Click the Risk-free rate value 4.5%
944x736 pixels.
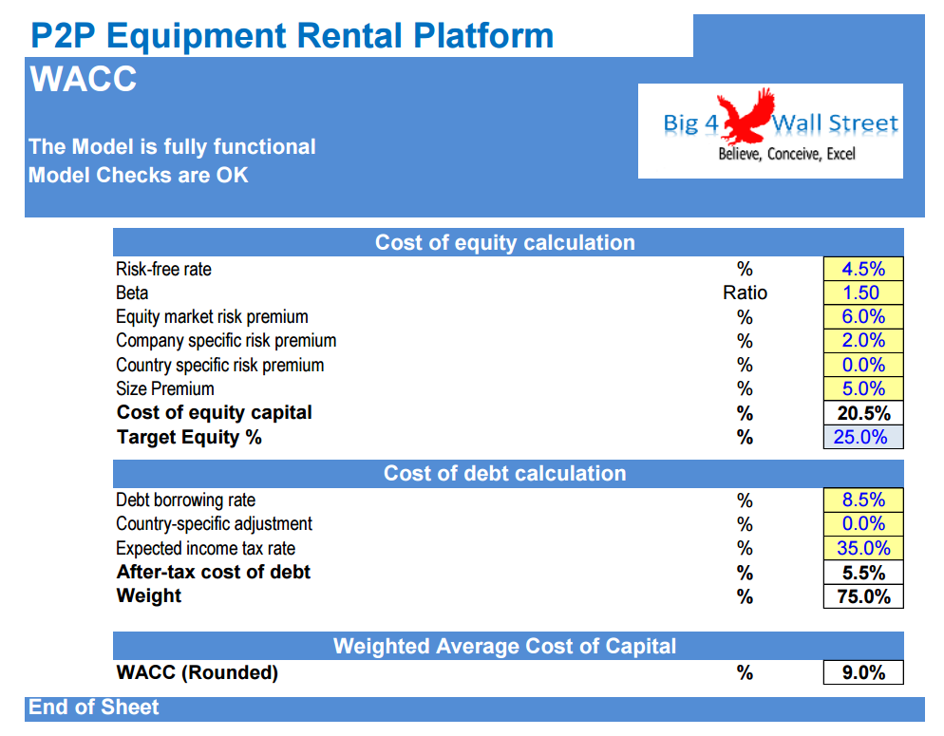(x=862, y=269)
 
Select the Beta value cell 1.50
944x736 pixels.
(x=862, y=293)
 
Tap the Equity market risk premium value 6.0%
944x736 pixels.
(x=862, y=316)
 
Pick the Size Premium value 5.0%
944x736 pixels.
(x=862, y=388)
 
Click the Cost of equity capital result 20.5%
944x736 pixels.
(x=863, y=413)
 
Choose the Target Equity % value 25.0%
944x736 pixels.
(x=860, y=437)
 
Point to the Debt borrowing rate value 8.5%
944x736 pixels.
(x=862, y=500)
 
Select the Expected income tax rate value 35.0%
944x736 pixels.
(x=863, y=548)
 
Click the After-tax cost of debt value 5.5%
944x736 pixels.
(x=863, y=573)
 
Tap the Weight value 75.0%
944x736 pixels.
(x=863, y=596)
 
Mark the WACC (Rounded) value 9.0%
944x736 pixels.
(x=863, y=672)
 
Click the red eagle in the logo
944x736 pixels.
(x=747, y=116)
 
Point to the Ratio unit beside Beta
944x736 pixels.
(x=745, y=293)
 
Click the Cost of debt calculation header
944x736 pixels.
(x=504, y=474)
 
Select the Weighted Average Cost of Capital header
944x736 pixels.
(x=504, y=646)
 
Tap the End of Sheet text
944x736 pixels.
(x=93, y=708)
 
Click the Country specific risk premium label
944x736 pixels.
(x=219, y=366)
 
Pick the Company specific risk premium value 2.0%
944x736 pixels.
(x=862, y=341)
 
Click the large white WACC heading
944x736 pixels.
(x=83, y=79)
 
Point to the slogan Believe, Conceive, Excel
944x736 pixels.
(x=786, y=155)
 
